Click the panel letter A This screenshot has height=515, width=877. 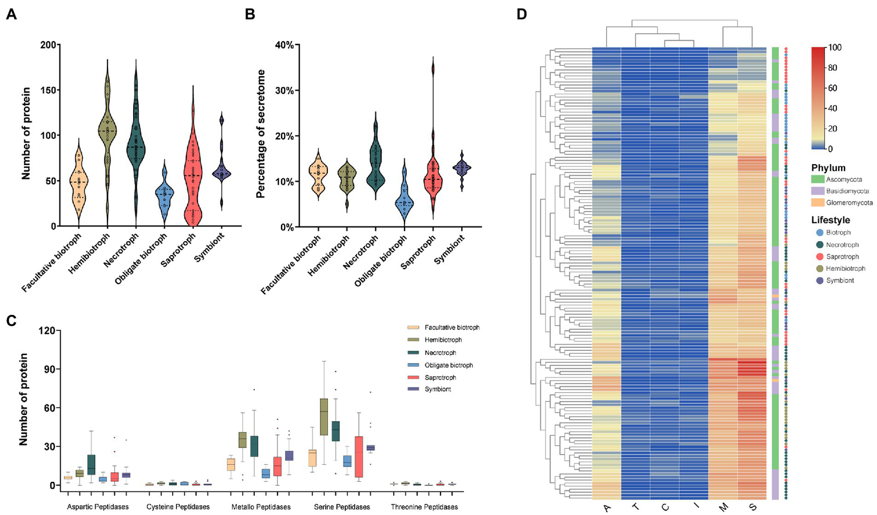[11, 14]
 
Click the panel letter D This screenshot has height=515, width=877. [522, 14]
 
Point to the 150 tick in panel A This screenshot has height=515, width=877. [48, 90]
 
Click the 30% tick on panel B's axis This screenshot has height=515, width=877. [284, 90]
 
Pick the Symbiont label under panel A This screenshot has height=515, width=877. [210, 247]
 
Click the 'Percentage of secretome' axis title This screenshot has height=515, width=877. [261, 134]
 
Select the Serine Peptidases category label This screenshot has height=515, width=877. [342, 507]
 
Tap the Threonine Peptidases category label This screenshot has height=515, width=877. [424, 507]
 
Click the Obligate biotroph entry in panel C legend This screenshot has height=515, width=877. [448, 365]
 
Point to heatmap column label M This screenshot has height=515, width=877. [723, 506]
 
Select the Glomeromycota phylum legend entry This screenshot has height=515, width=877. [849, 203]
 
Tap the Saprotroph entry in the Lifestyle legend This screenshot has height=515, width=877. [842, 257]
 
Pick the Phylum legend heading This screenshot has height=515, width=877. [828, 168]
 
